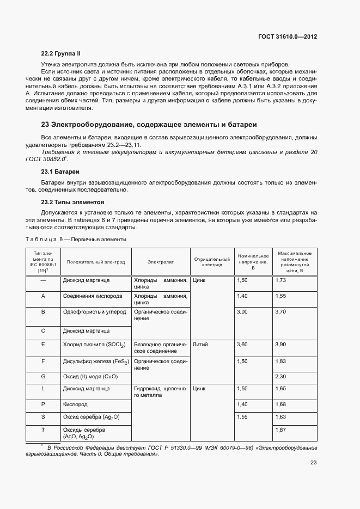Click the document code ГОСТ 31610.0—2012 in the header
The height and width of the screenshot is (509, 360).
pos(287,37)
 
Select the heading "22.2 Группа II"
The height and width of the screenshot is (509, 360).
pos(61,53)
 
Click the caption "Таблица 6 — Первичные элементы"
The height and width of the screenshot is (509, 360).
pos(76,240)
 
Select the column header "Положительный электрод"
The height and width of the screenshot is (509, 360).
pos(96,262)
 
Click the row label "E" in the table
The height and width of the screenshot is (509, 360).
pos(43,345)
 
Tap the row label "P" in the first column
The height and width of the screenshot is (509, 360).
pos(43,404)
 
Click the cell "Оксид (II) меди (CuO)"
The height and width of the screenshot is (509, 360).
pos(90,377)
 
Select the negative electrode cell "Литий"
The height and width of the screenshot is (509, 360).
pos(200,345)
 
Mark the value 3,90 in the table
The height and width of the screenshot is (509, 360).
pos(281,345)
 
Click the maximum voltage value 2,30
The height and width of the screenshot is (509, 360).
pos(281,377)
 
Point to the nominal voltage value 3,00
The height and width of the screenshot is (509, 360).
pos(242,312)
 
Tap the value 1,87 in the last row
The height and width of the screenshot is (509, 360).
pos(281,430)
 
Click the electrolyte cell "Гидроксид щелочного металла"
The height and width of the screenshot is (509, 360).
pos(161,392)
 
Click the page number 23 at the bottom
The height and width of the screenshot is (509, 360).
pos(314,463)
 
